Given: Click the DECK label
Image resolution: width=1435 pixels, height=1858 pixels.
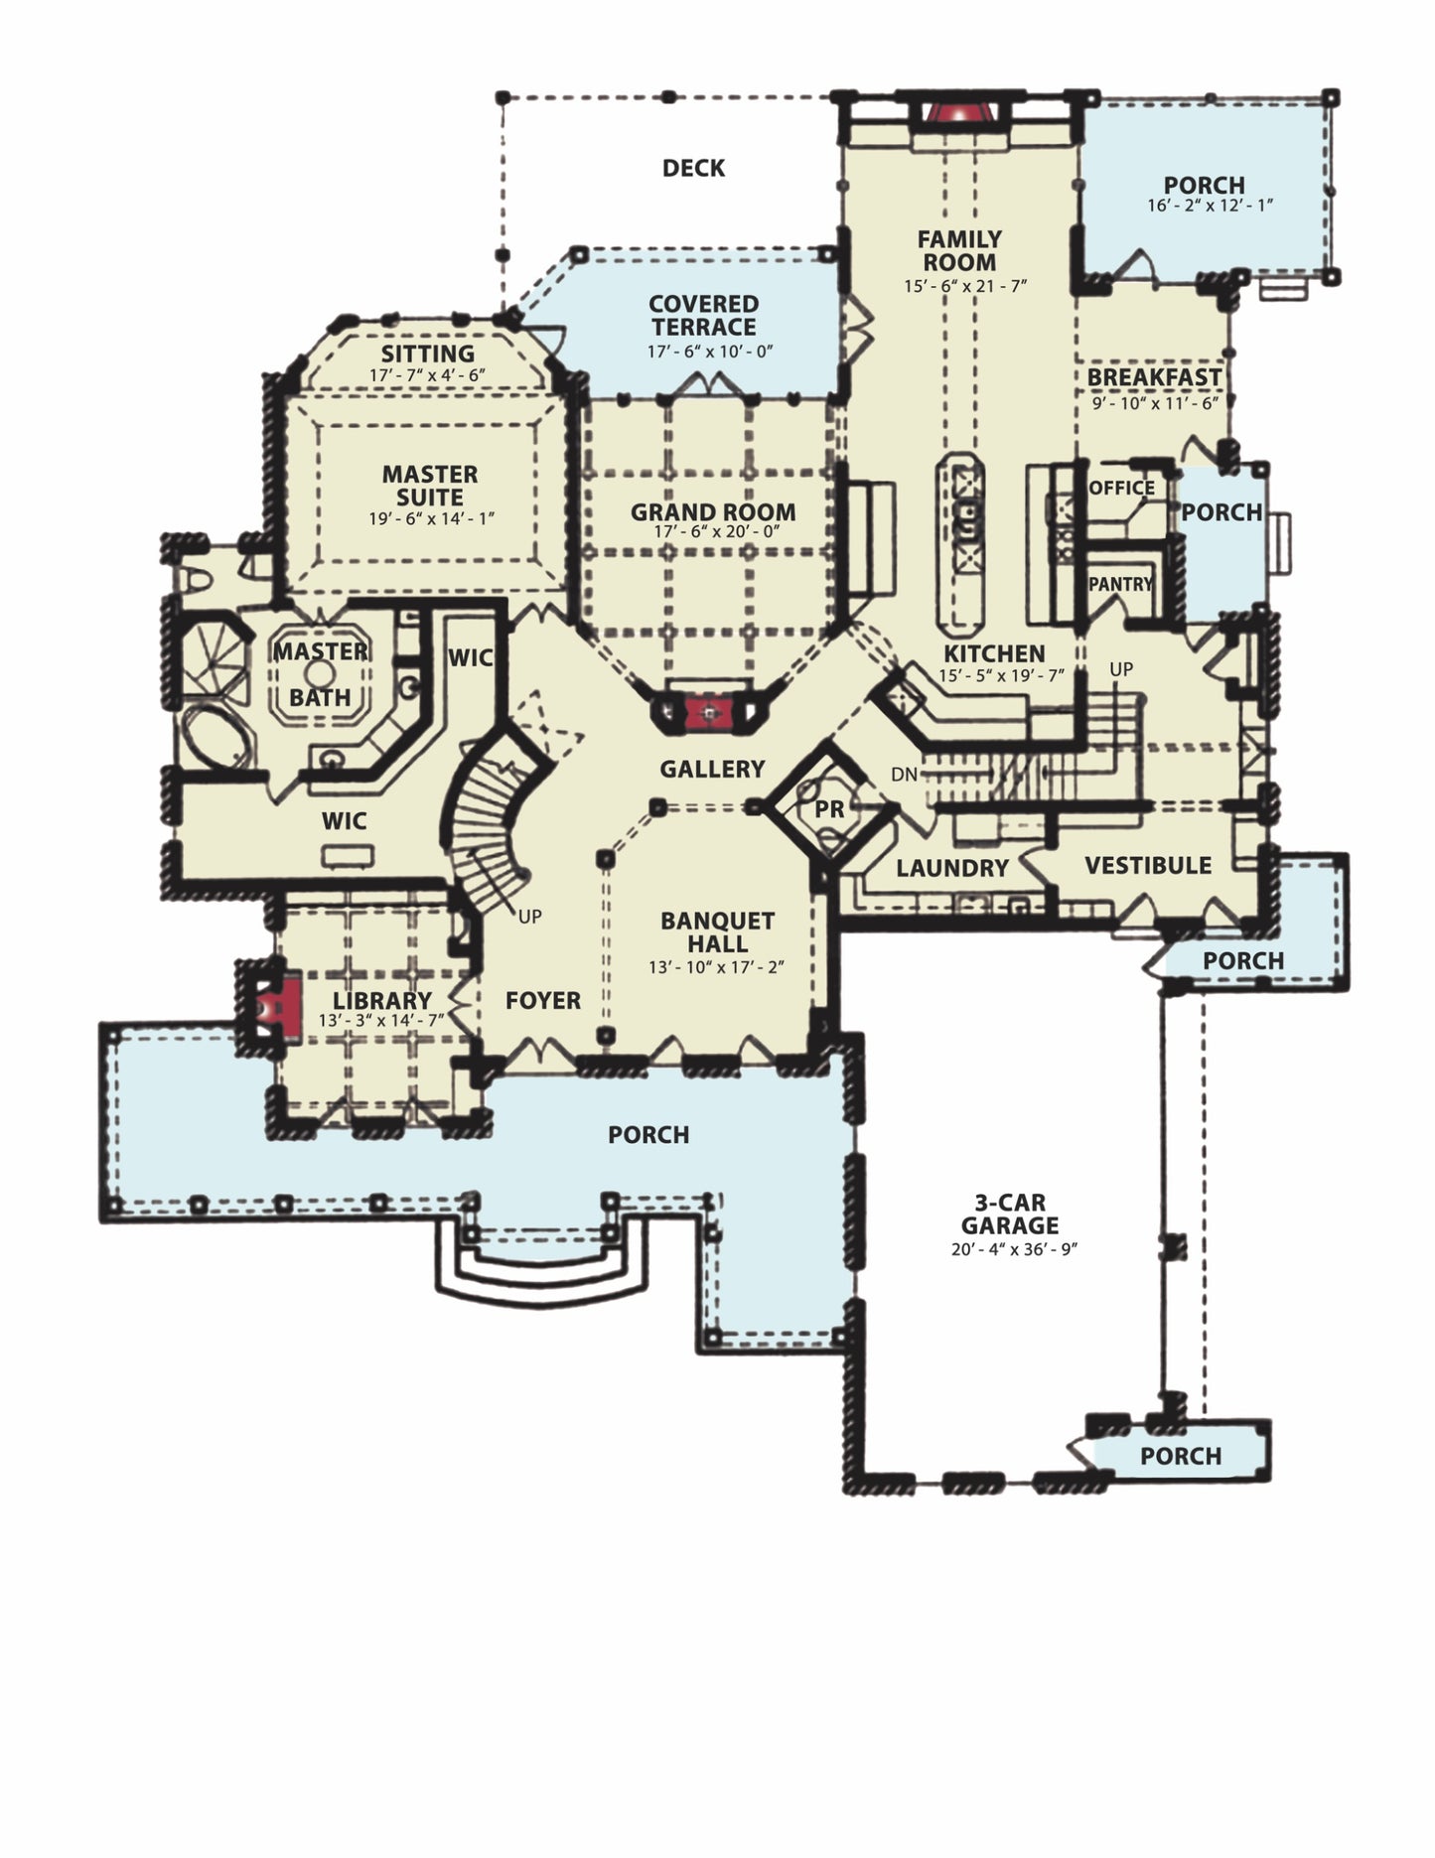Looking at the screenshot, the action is (x=693, y=168).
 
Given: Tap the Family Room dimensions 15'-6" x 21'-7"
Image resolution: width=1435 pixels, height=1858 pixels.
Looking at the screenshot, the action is (x=964, y=286).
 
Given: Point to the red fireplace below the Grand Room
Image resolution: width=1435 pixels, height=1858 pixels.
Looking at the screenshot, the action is (x=708, y=712).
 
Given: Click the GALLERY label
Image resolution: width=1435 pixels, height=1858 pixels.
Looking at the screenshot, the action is (x=712, y=769).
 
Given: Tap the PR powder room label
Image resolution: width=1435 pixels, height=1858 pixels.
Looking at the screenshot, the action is (x=829, y=809).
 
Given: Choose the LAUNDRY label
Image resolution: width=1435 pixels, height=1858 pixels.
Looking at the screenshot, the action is (x=952, y=868).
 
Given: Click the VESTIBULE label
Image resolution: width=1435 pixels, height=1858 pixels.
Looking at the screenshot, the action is (x=1148, y=865).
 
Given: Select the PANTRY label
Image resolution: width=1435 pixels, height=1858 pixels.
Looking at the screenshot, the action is (x=1120, y=584).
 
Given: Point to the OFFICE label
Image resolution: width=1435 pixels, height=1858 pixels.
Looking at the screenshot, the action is (x=1122, y=488).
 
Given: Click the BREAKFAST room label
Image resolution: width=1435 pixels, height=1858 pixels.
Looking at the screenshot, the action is (x=1154, y=377).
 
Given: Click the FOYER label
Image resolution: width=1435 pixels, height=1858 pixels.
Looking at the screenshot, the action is (x=543, y=1001).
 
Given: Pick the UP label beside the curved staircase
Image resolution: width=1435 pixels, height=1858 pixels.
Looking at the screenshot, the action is (x=530, y=917).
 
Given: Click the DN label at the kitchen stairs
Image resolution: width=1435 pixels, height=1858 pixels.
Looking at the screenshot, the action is (x=905, y=774).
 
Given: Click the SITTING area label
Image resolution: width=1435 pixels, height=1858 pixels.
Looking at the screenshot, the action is (x=428, y=354).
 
